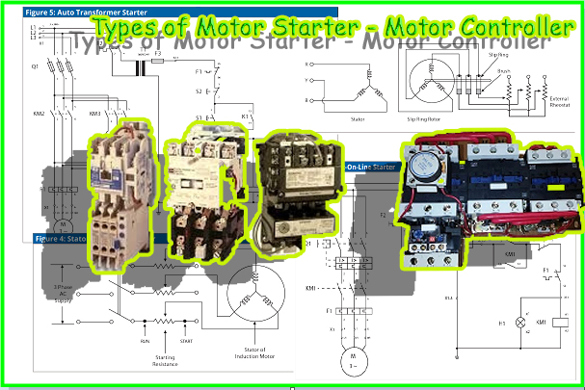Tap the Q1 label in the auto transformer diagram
coord(36,67)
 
